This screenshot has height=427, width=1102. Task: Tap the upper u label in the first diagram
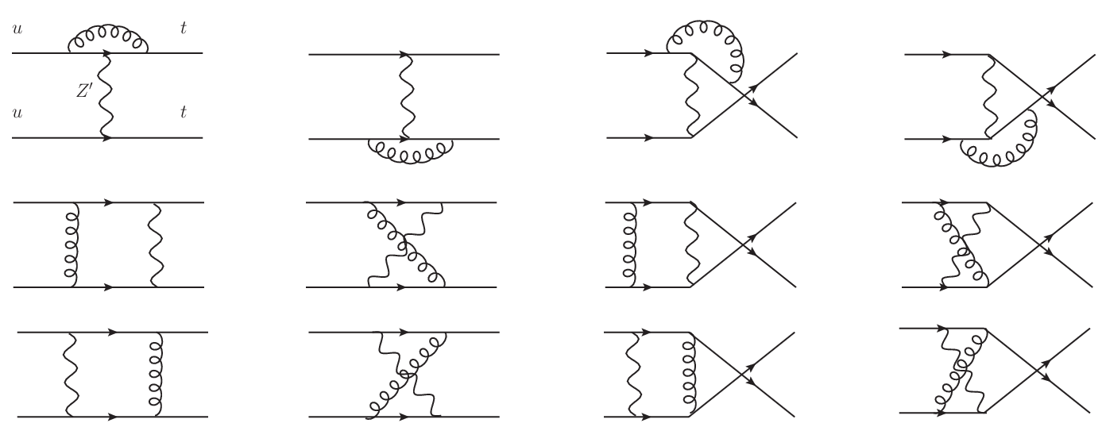tap(17, 29)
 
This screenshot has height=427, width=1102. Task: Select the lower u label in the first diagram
tap(17, 113)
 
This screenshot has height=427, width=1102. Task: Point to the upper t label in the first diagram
tap(184, 28)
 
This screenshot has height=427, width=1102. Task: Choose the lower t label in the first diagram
tap(184, 113)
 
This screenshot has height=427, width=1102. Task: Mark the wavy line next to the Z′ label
tap(106, 95)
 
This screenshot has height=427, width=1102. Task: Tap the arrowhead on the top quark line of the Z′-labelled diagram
tap(106, 52)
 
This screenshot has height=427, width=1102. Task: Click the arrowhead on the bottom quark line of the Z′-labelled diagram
tap(106, 138)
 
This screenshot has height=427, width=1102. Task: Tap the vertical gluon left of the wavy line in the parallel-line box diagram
tap(72, 244)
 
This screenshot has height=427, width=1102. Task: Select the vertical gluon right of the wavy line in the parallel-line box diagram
tap(156, 375)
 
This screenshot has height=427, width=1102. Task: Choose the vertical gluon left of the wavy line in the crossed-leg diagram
tap(630, 244)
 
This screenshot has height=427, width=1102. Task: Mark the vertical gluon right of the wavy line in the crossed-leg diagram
tap(690, 375)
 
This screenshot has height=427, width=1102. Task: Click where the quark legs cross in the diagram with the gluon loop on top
tap(744, 95)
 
